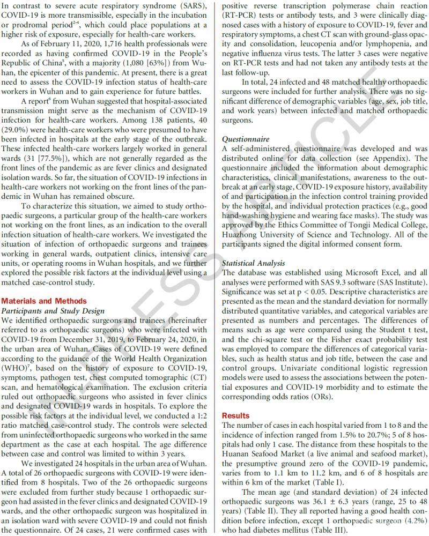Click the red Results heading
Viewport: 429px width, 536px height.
click(x=235, y=415)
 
